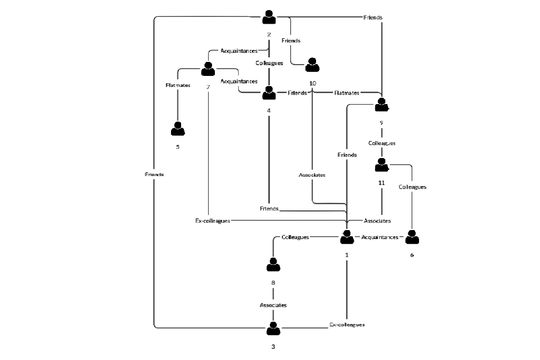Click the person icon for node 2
tap(269, 17)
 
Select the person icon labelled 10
tap(312, 65)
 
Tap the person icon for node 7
tap(208, 69)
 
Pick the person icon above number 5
tap(178, 129)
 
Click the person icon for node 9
tap(382, 105)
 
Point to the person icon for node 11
tap(382, 165)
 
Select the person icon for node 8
tap(273, 264)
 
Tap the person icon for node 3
tap(273, 328)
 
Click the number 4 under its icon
tap(269, 110)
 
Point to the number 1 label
tap(346, 255)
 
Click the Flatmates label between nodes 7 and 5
tap(178, 85)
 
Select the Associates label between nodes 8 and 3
tap(273, 305)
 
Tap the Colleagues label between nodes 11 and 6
tap(412, 187)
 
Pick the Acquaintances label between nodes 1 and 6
tap(380, 237)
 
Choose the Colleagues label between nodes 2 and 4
tap(269, 63)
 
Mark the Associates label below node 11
tap(377, 221)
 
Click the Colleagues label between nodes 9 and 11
tap(382, 143)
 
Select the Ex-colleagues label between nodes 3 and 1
tap(346, 325)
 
